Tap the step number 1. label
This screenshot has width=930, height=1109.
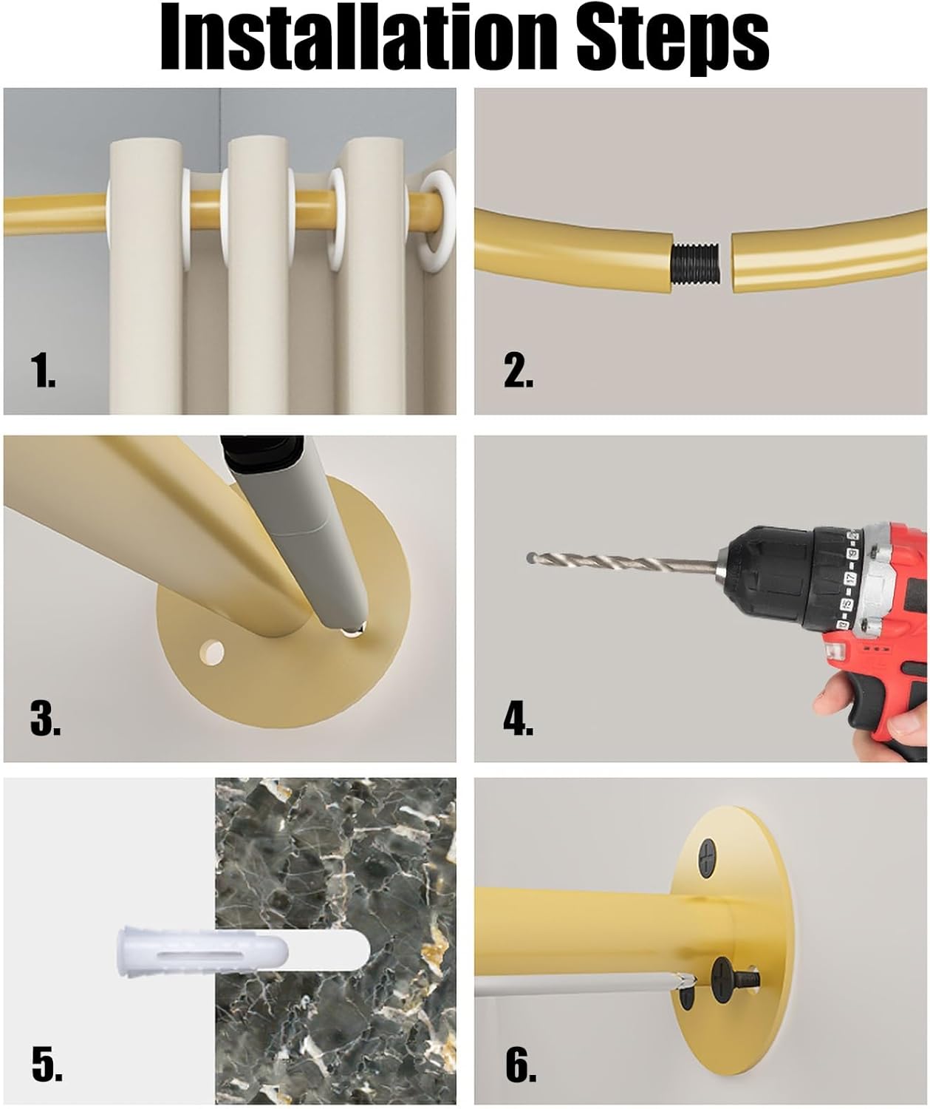pos(44,370)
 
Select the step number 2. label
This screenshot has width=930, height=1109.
pos(519,370)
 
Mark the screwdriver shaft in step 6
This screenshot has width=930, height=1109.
pos(576,983)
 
